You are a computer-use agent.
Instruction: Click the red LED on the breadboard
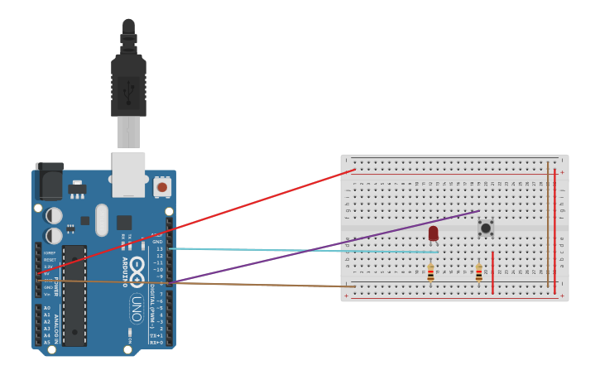[433, 233]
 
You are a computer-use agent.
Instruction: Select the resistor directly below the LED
[430, 272]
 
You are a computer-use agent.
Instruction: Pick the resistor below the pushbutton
[478, 272]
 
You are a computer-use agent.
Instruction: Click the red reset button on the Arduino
[162, 187]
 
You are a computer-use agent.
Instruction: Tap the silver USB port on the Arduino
[128, 174]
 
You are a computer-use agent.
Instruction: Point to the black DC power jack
[50, 181]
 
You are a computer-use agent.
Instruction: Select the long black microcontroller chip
[74, 295]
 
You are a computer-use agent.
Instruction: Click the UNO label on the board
[137, 308]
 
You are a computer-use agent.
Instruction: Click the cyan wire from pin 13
[298, 250]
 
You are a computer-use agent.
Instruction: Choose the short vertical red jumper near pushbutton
[492, 273]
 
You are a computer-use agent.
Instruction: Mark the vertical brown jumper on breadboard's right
[547, 224]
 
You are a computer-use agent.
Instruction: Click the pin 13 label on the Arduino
[160, 248]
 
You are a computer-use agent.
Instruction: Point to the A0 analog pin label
[46, 308]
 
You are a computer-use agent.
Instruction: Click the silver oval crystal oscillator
[102, 220]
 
